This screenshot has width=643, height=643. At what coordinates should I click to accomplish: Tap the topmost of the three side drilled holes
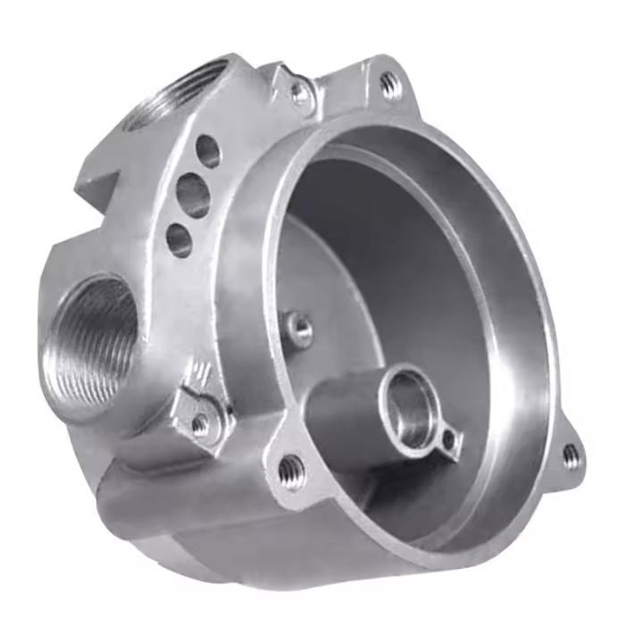click(209, 151)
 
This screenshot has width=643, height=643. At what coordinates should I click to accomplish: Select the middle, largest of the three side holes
click(194, 194)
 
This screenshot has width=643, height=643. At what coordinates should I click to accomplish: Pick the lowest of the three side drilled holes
click(180, 238)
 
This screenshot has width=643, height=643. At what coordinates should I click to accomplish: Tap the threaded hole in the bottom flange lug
click(291, 467)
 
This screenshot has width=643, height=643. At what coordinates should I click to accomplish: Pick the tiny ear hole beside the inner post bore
click(447, 438)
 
